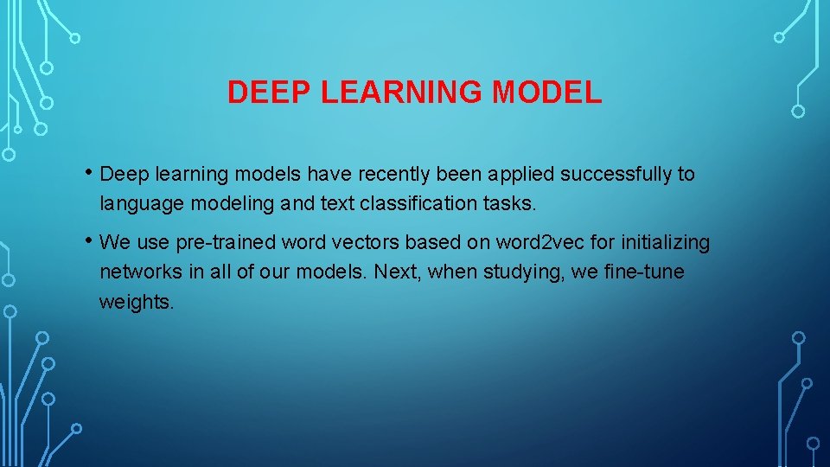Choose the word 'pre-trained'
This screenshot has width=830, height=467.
tap(224, 244)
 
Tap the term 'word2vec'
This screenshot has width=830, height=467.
tap(527, 244)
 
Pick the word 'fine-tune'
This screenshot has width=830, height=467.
tap(644, 272)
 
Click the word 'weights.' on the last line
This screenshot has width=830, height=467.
tap(136, 303)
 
